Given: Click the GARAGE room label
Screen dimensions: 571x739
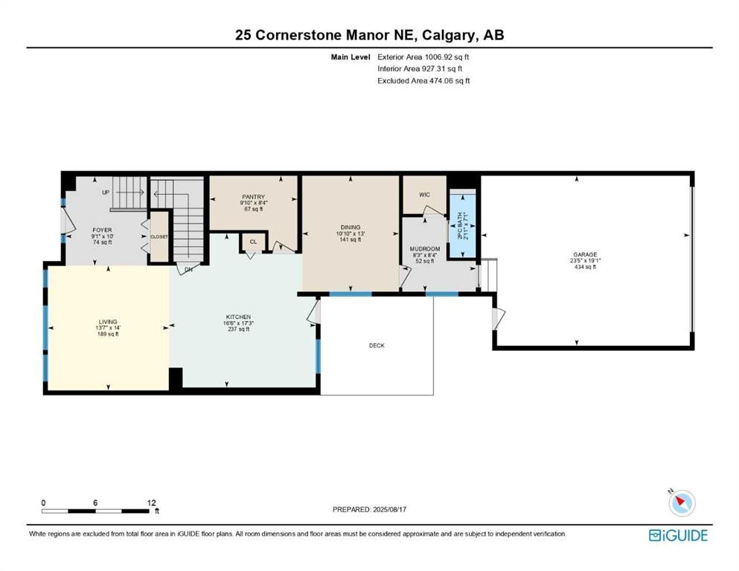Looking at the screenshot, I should tap(584, 254).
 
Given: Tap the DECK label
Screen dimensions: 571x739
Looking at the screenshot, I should tap(377, 346).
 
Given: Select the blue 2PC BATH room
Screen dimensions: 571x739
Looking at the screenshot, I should tap(462, 225).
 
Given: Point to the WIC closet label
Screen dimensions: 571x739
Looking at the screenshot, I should tap(424, 195).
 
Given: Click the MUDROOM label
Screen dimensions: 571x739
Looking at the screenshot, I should tap(424, 249).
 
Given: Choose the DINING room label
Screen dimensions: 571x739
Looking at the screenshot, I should tap(351, 228).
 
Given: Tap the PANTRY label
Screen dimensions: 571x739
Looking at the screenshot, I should tap(253, 197).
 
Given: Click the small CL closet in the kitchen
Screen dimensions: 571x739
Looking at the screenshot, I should tap(253, 242).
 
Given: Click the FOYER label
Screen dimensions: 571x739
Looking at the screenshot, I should tap(102, 230).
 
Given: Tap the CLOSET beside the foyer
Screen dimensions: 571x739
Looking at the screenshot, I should tap(159, 236).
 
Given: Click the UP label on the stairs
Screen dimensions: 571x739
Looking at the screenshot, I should tap(106, 192).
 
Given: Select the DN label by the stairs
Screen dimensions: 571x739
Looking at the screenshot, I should tap(188, 269).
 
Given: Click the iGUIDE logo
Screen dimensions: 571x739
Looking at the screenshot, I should tap(678, 535).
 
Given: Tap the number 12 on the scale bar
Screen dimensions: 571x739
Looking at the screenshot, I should tap(151, 503).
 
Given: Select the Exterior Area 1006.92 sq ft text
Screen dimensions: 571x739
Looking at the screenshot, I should tap(423, 57).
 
